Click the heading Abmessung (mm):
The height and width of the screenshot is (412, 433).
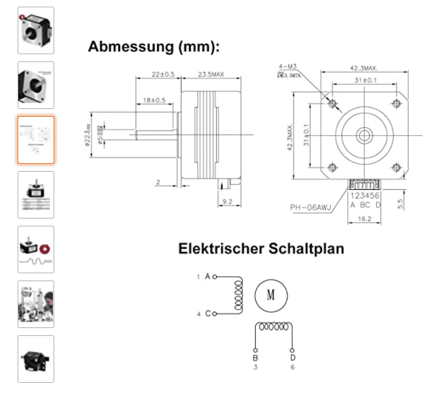(153, 47)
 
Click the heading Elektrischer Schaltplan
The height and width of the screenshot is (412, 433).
(261, 249)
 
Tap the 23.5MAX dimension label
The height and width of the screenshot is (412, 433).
(211, 75)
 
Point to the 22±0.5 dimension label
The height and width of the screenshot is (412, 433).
(163, 75)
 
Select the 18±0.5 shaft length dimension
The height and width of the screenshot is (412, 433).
(154, 99)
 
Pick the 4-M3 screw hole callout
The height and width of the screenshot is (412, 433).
(287, 67)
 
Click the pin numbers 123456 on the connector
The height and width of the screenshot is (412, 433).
(365, 195)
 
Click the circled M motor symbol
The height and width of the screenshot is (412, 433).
(270, 296)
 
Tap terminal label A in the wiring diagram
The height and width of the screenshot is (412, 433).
(208, 277)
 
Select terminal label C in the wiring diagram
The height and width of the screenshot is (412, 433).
(208, 313)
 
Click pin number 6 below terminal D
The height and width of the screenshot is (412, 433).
(293, 368)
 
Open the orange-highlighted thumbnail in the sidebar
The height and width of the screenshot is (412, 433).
(36, 140)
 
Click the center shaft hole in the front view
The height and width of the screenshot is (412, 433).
(364, 134)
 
